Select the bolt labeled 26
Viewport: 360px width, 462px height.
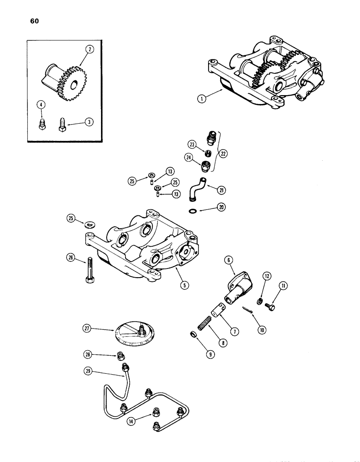[x=88, y=271]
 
